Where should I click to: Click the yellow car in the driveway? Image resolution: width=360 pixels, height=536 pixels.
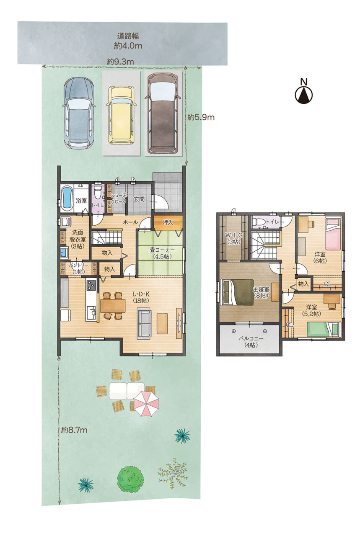click(x=121, y=115)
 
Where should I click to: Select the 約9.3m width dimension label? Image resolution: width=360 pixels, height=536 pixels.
click(x=120, y=62)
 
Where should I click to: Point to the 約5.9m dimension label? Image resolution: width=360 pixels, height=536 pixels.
click(x=201, y=117)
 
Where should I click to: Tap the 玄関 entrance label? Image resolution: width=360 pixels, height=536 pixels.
click(x=139, y=199)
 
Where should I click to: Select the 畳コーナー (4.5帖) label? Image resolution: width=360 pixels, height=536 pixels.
click(x=162, y=253)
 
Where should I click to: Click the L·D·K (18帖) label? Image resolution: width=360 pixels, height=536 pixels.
click(x=142, y=297)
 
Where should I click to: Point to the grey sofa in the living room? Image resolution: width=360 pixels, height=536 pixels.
click(x=144, y=324)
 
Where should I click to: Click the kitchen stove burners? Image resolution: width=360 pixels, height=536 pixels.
click(x=91, y=285)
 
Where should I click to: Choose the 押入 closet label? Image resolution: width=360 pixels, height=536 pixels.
click(x=168, y=222)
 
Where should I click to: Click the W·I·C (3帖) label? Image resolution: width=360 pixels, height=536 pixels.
click(x=234, y=238)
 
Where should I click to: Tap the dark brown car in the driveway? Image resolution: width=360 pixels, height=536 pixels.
click(x=163, y=113)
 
